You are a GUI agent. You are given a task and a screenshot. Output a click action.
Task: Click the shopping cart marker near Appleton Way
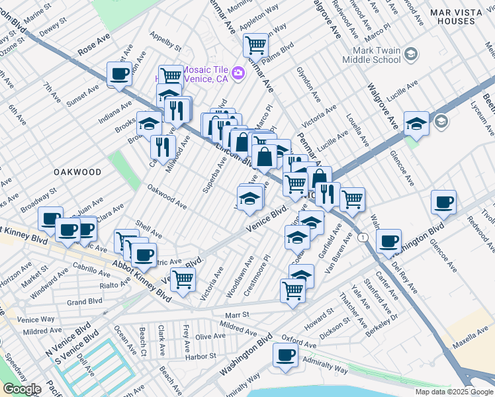coord(255,45)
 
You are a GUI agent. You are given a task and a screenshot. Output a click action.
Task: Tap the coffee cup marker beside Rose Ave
coord(120,73)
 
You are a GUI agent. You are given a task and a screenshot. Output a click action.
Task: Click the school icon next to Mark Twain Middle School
coord(411,54)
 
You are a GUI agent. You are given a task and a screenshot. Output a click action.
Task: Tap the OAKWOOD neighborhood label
coord(78,172)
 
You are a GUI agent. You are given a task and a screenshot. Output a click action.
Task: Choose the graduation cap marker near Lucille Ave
coord(416,122)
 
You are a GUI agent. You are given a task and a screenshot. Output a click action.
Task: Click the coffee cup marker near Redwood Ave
coord(444,202)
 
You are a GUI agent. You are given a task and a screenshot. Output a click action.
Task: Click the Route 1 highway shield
coord(362,236)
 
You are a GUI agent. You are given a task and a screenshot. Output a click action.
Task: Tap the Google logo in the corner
coord(21,389)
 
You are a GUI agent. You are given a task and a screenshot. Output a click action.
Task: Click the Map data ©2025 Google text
coord(454,392)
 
